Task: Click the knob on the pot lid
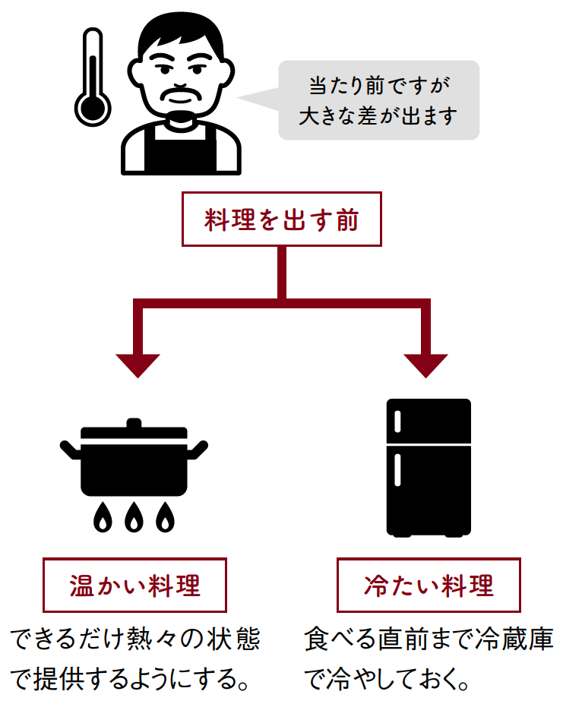[134, 423]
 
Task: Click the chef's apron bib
[181, 148]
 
